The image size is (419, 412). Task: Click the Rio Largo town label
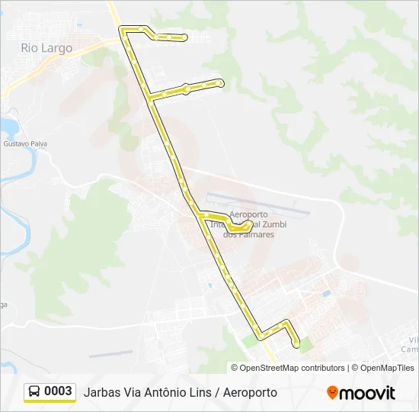click(x=46, y=48)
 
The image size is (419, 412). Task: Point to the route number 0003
click(x=59, y=391)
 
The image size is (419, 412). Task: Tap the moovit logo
click(x=361, y=393)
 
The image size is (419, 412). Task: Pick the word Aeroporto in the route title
click(x=250, y=392)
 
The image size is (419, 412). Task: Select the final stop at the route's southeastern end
click(x=297, y=346)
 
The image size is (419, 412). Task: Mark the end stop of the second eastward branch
click(x=220, y=82)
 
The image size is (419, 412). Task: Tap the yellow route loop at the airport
click(x=238, y=226)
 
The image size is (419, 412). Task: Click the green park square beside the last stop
click(x=306, y=345)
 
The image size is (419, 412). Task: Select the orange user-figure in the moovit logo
click(x=332, y=393)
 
